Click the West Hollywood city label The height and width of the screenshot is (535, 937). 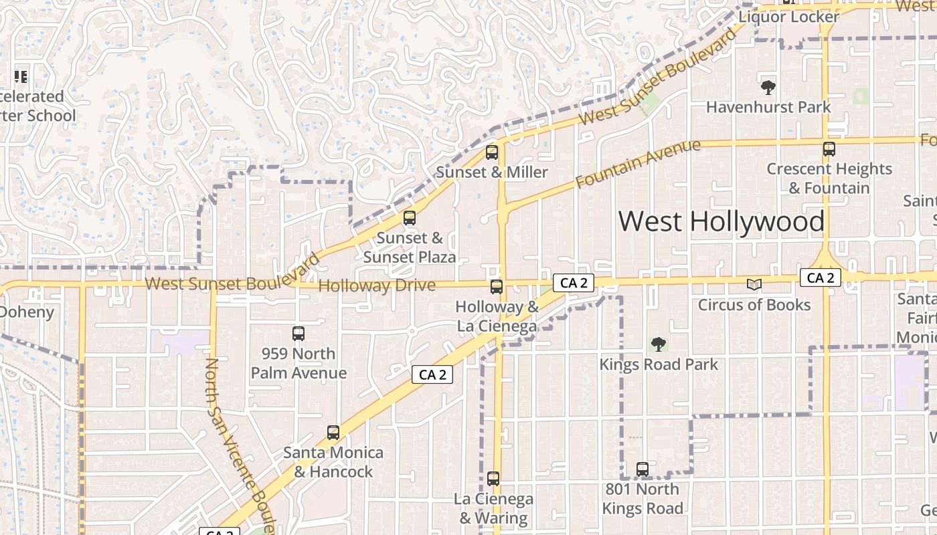[x=721, y=221]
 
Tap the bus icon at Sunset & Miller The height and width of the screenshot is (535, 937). [x=492, y=152]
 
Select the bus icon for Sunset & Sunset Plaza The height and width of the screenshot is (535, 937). [x=409, y=218]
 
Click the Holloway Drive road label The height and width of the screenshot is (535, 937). [x=377, y=286]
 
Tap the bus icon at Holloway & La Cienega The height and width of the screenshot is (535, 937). [x=497, y=287]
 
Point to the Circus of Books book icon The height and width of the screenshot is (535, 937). [x=754, y=285]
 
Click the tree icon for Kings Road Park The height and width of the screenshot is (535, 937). [x=659, y=344]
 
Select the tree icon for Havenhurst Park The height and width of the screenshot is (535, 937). [x=768, y=87]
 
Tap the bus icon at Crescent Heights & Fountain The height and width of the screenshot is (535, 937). [x=829, y=149]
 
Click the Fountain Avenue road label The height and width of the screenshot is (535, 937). [x=638, y=163]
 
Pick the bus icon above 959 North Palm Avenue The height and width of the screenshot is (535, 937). [x=299, y=333]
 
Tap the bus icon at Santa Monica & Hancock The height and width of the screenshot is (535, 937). [x=333, y=433]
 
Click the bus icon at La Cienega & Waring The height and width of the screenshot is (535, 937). [x=493, y=479]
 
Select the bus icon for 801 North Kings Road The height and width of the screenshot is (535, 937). [x=643, y=469]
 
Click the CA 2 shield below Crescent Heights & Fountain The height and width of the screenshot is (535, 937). [x=820, y=278]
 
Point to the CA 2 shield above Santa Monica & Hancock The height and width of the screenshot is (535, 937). [x=432, y=374]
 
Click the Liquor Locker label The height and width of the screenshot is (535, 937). [x=788, y=17]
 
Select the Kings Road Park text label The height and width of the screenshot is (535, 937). [x=659, y=364]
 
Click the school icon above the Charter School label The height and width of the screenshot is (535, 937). [x=21, y=77]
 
